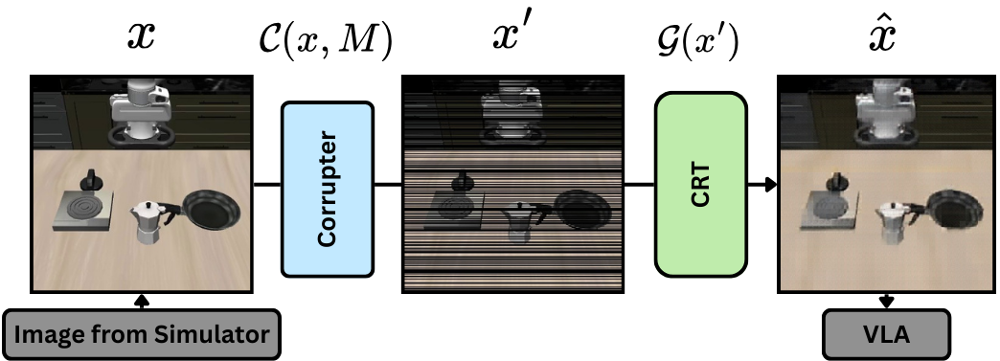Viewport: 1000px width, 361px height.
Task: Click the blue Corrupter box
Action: point(326,188)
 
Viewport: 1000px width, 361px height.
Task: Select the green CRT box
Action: point(700,184)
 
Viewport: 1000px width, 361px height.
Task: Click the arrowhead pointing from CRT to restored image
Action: point(769,183)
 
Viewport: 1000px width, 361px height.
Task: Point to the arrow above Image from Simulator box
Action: point(143,301)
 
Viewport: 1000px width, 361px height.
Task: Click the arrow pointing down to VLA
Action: point(886,301)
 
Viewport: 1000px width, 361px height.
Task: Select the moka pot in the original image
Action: point(148,223)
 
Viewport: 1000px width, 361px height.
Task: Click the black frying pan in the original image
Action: point(212,211)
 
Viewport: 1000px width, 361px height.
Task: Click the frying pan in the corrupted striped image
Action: point(583,211)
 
